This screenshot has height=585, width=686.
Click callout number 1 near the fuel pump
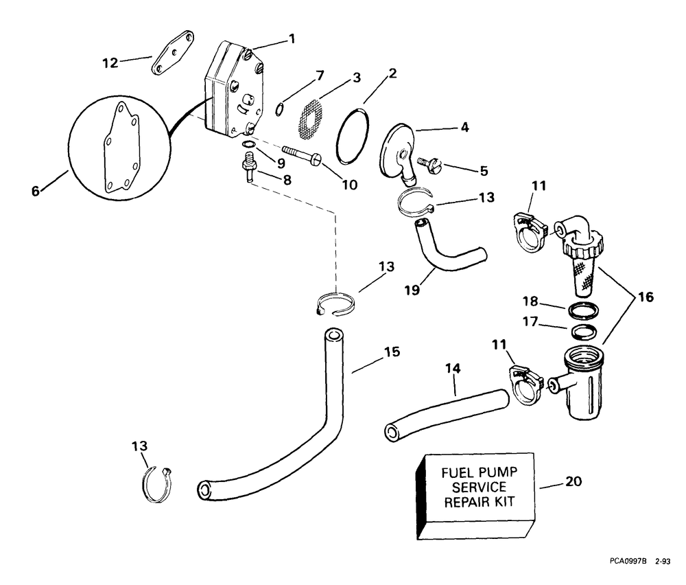(x=292, y=38)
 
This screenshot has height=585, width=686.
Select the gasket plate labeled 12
(x=173, y=53)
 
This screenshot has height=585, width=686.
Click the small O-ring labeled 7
(x=279, y=109)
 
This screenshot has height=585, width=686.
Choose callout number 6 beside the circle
(x=36, y=190)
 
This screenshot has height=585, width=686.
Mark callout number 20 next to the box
(x=573, y=481)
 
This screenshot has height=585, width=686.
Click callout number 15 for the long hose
(x=392, y=352)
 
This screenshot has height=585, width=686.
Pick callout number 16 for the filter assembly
(x=646, y=297)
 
